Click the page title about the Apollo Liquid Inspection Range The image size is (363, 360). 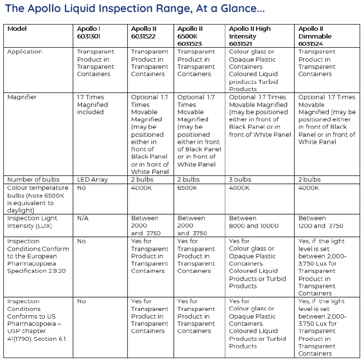pyautogui.click(x=134, y=9)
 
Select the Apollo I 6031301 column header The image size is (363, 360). pyautogui.click(x=89, y=32)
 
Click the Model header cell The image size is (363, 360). pyautogui.click(x=17, y=29)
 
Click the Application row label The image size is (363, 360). pyautogui.click(x=25, y=52)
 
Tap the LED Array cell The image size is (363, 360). pyautogui.click(x=92, y=180)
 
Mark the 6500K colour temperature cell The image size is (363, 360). pyautogui.click(x=187, y=188)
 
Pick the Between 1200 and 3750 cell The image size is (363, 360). pyautogui.click(x=321, y=222)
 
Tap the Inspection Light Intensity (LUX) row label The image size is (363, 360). pyautogui.click(x=32, y=222)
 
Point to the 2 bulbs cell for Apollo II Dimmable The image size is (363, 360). pyautogui.click(x=310, y=180)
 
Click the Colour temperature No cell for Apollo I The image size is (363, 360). pyautogui.click(x=81, y=188)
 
